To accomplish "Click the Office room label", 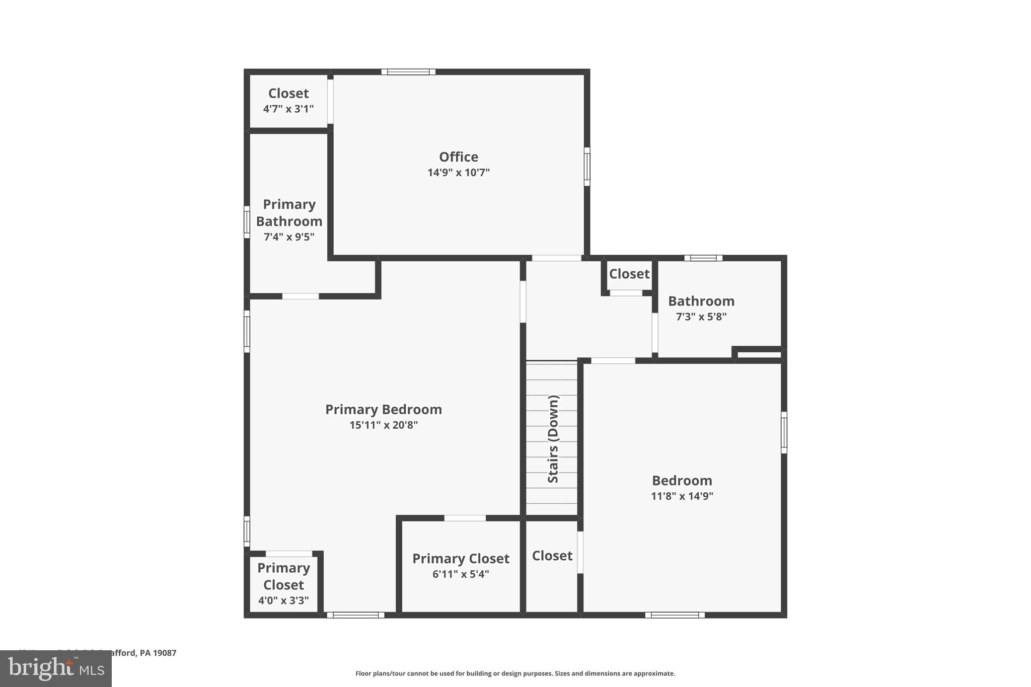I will [x=458, y=157].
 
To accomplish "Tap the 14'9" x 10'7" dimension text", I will [x=458, y=173].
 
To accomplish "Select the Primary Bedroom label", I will [x=383, y=410].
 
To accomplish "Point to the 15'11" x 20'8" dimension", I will [x=383, y=425].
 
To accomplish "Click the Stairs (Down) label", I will [x=553, y=439].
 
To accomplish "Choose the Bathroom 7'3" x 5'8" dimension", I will [x=701, y=317].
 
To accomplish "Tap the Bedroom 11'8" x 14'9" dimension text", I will [x=682, y=496].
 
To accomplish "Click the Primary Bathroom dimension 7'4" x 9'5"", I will [x=289, y=237].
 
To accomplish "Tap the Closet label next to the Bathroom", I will [x=629, y=274].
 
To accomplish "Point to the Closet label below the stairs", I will [x=552, y=556].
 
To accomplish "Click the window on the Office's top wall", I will [x=408, y=72].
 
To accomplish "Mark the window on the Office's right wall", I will [x=586, y=167].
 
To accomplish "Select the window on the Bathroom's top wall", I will [x=703, y=258].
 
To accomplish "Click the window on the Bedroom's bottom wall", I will [x=675, y=615].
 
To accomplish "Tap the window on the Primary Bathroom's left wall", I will [x=247, y=222].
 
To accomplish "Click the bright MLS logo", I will [x=56, y=669].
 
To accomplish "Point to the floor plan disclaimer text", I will [x=515, y=673].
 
